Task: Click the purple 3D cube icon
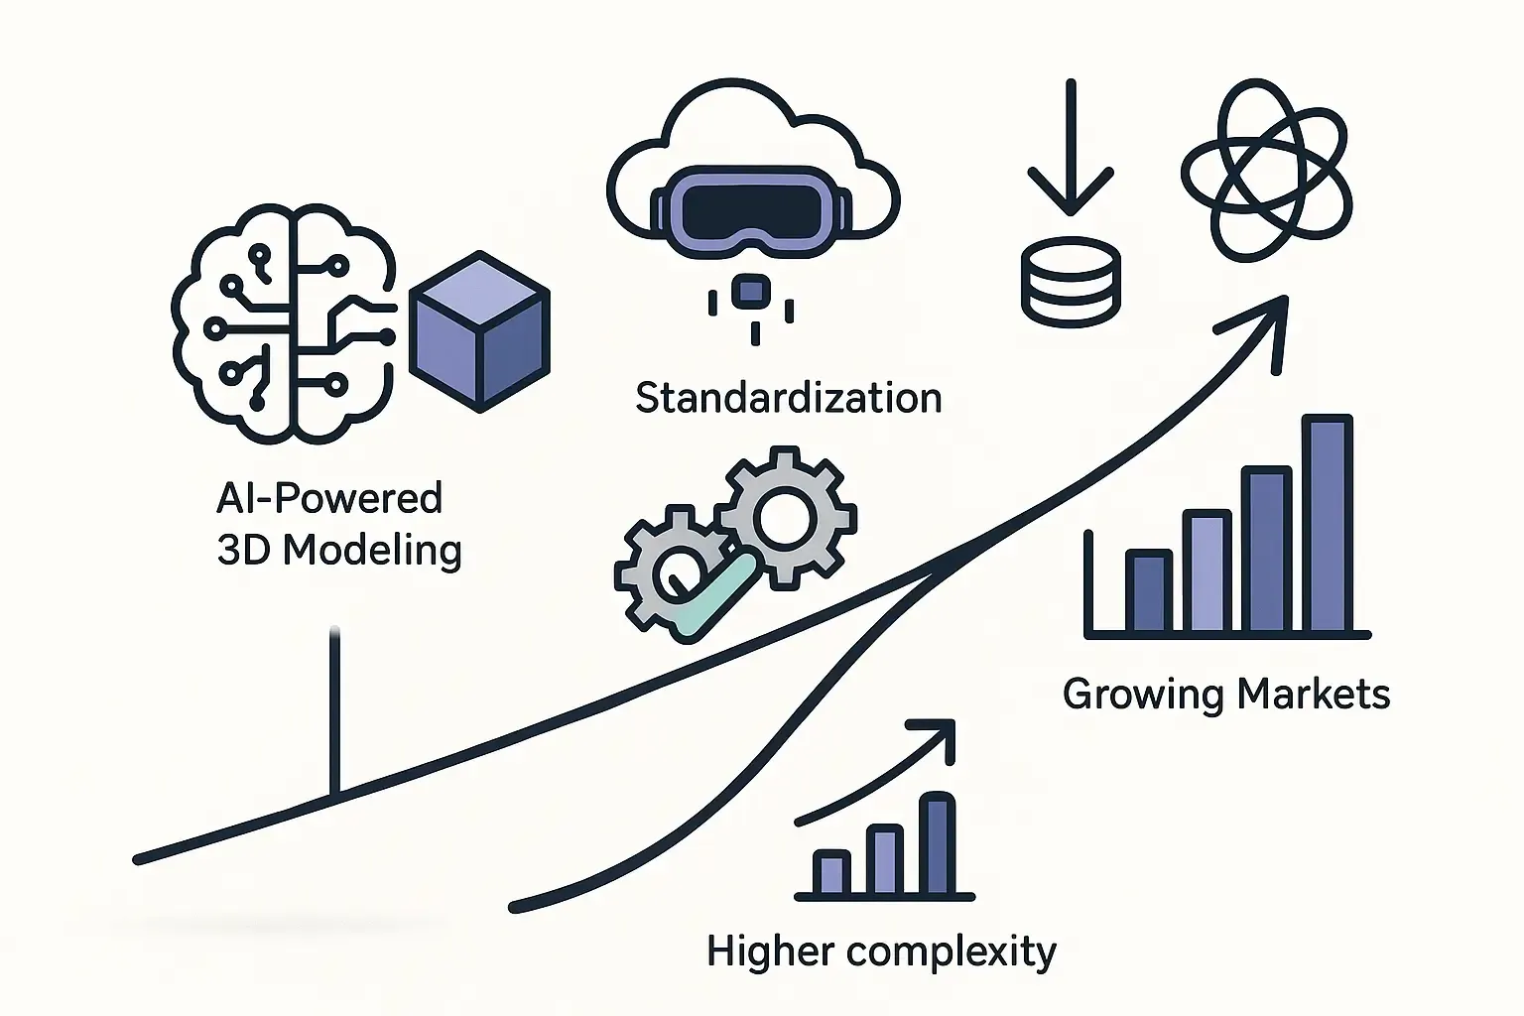(x=479, y=332)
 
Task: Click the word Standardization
(x=788, y=399)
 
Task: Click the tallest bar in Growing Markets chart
(x=1327, y=524)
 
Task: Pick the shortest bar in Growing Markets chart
(x=1148, y=591)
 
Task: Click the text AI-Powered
(x=328, y=497)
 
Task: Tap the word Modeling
(x=372, y=550)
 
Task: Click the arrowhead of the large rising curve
(x=1266, y=322)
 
